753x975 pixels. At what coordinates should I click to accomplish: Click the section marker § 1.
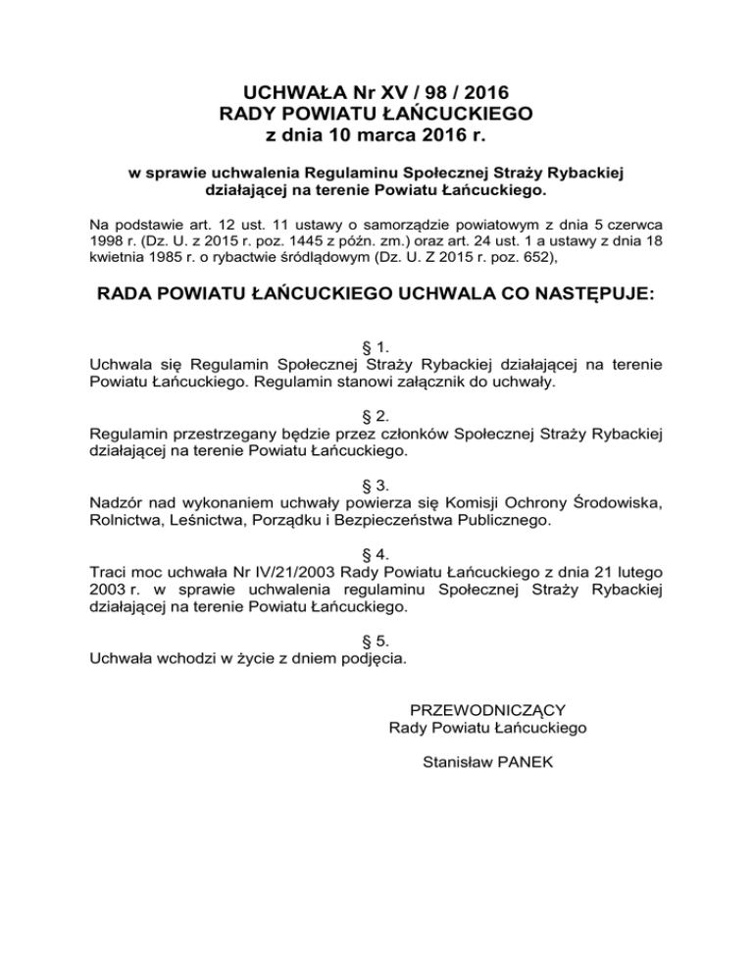pyautogui.click(x=376, y=346)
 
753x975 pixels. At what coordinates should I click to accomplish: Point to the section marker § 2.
pyautogui.click(x=376, y=416)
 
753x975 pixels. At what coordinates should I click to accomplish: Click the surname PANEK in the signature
pyautogui.click(x=516, y=761)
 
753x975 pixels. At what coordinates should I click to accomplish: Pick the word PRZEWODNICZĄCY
pyautogui.click(x=487, y=709)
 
